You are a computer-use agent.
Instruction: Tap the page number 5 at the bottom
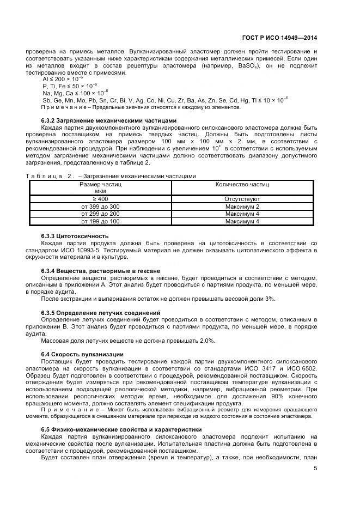coord(315,467)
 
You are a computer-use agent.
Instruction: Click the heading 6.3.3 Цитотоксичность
coord(75,235)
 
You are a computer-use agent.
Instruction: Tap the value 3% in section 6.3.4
coord(270,298)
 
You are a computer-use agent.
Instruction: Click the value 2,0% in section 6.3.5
coord(205,340)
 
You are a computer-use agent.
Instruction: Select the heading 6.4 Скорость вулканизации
coord(82,354)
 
